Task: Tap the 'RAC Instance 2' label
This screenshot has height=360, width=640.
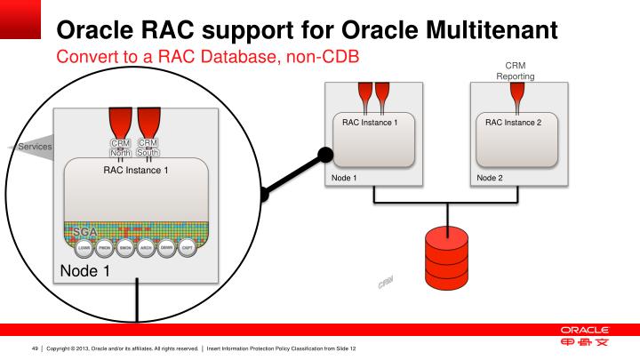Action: (514, 122)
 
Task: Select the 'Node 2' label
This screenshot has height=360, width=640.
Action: (490, 178)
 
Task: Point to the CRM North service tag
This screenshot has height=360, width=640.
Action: (120, 148)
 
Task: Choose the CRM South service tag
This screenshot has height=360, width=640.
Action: (148, 148)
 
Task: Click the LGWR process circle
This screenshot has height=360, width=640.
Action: (83, 248)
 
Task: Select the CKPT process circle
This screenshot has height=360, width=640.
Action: (188, 248)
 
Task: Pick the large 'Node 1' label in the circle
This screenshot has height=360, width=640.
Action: (84, 270)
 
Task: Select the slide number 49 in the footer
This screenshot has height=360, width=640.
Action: (36, 348)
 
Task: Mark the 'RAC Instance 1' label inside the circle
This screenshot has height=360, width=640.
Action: (135, 170)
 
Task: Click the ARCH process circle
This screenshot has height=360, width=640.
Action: (146, 248)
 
